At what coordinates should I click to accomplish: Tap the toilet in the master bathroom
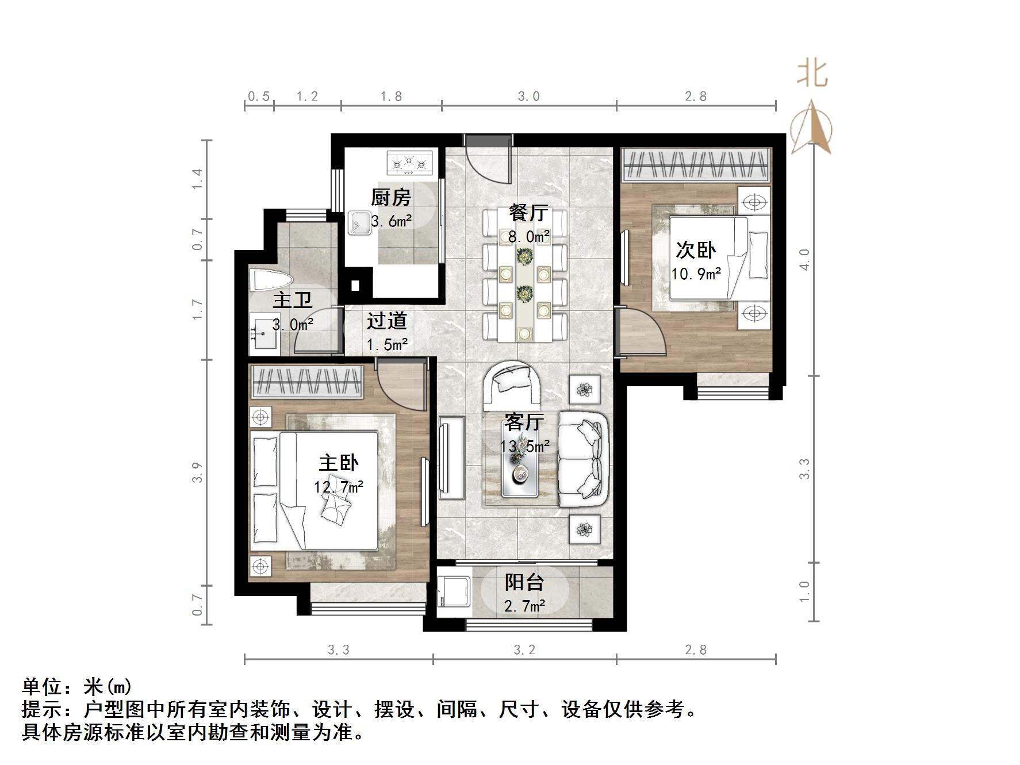coord(270,281)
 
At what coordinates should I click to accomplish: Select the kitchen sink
coord(359,222)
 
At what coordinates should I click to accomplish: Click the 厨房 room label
coord(391,198)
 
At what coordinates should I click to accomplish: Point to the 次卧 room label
coord(696,250)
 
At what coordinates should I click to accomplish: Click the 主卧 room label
coord(339,463)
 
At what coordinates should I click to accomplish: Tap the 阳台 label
coord(524,582)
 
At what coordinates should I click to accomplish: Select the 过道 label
coord(387,321)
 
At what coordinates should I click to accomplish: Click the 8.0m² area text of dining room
coord(528,236)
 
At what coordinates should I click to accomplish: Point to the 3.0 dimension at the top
coord(528,97)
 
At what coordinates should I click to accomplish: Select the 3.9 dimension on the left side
coord(198,472)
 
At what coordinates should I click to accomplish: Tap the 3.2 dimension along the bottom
coord(524,650)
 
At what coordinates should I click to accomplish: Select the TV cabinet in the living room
coord(451,457)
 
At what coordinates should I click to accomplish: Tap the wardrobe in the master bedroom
coord(308,381)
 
